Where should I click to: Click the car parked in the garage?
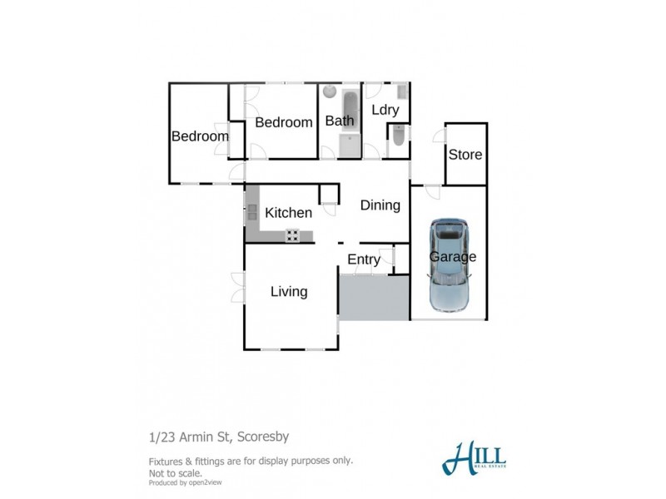[448, 264]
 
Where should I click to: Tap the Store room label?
[465, 155]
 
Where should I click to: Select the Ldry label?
[385, 110]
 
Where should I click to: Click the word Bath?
[340, 121]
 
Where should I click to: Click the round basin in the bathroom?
[330, 91]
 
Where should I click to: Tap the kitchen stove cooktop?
[293, 235]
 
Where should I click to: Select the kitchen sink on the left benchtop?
[251, 211]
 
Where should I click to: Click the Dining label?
[380, 205]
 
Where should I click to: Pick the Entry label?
[364, 259]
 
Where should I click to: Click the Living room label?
[289, 292]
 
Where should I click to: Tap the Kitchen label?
[288, 213]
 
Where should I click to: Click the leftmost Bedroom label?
[200, 136]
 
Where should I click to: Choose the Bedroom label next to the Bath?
[283, 122]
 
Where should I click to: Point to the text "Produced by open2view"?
[185, 482]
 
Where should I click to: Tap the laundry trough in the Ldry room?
[401, 91]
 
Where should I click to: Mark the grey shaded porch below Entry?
[374, 298]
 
